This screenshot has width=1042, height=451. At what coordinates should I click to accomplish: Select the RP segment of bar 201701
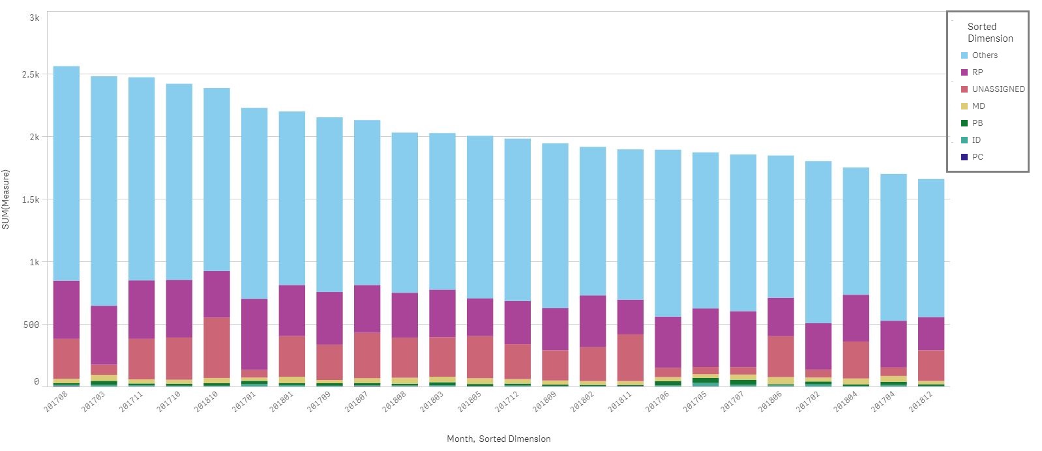(254, 334)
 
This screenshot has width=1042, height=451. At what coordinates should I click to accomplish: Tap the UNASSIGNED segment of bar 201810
(216, 347)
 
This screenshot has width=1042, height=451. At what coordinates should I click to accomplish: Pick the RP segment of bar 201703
(104, 335)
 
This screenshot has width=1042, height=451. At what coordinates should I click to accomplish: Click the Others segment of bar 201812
(930, 248)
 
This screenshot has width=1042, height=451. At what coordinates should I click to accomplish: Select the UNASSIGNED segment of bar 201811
(631, 357)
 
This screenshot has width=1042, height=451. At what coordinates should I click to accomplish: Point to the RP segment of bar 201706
(668, 342)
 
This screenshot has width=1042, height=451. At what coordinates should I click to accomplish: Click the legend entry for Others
(984, 55)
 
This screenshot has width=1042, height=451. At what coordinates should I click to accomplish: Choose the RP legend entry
(977, 72)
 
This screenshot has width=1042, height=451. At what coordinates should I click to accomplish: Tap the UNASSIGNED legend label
(998, 89)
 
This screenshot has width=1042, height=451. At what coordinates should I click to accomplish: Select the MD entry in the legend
(978, 106)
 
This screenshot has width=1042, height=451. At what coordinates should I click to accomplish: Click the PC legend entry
(977, 157)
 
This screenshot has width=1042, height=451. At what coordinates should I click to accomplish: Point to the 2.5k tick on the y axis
(30, 75)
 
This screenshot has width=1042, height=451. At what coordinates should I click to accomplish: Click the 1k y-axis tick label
(34, 262)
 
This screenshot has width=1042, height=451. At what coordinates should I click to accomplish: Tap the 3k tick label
(34, 18)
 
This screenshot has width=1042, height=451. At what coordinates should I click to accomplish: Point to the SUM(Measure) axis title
(6, 199)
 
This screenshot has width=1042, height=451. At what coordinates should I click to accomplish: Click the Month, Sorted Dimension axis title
(498, 439)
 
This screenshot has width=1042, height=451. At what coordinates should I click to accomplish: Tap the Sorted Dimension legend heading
(990, 33)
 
